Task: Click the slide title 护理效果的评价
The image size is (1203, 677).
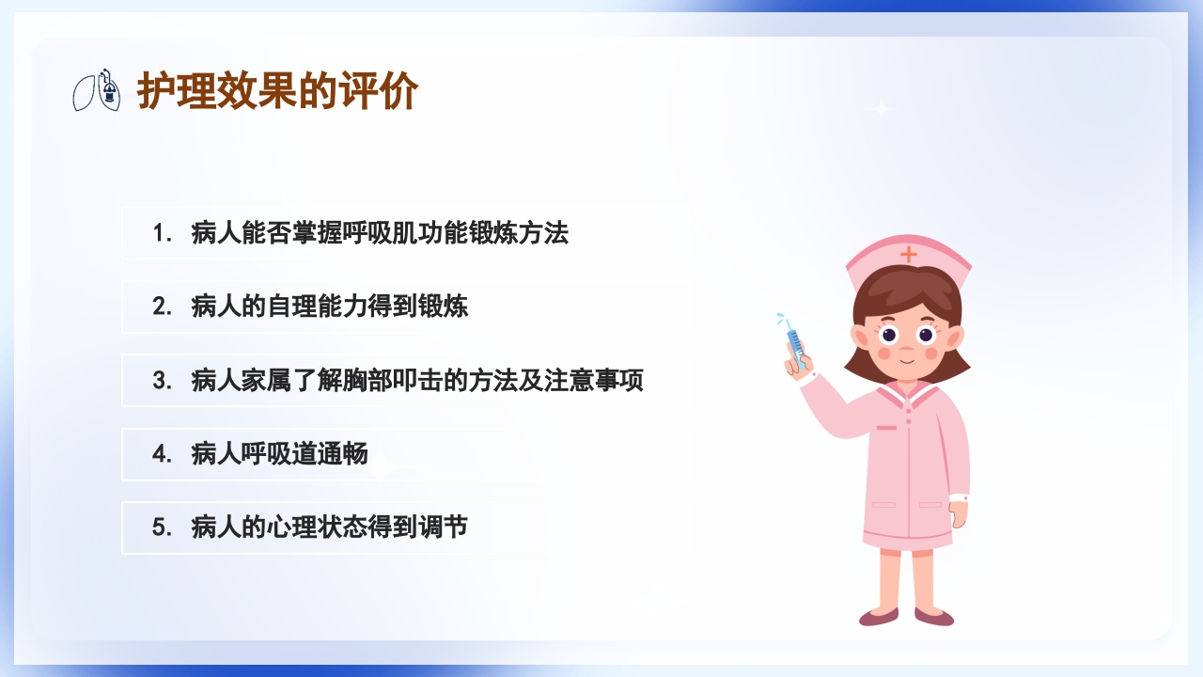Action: [x=278, y=92]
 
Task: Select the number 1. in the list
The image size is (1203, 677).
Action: [x=163, y=233]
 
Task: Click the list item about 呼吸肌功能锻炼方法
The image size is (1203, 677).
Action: [x=380, y=233]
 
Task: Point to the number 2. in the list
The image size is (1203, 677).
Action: [x=163, y=307]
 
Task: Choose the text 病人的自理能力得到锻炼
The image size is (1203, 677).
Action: [x=329, y=307]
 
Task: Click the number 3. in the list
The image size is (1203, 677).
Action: [x=163, y=381]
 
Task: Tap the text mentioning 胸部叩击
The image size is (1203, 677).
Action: [x=417, y=381]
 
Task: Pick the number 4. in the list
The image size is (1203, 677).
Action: [x=163, y=454]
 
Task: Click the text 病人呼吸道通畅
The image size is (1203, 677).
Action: [x=279, y=454]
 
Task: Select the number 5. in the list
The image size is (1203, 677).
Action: [x=163, y=527]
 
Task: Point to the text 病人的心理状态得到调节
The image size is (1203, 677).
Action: [x=329, y=527]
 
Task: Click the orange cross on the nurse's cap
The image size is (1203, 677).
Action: [x=908, y=254]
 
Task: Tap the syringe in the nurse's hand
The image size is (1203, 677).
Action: [x=793, y=340]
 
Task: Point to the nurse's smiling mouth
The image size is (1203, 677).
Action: [x=906, y=358]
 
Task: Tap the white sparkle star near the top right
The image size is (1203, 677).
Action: [x=881, y=109]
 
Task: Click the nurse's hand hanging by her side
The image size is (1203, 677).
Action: [x=958, y=513]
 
